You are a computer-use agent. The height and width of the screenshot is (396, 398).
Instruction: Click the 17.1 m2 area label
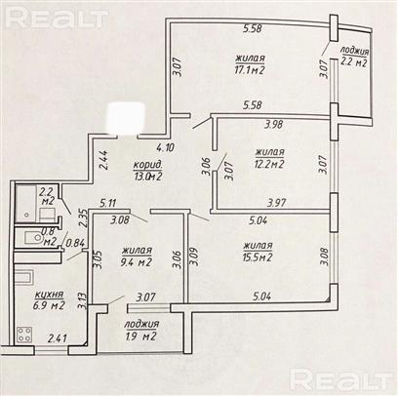click(x=250, y=70)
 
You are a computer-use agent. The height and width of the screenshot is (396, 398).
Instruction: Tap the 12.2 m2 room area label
click(x=269, y=164)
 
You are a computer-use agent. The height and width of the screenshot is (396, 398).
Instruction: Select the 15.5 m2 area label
click(x=258, y=257)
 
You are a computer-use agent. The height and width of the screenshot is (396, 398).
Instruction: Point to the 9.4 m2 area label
click(x=137, y=261)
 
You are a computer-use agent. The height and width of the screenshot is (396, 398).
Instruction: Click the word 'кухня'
click(x=49, y=295)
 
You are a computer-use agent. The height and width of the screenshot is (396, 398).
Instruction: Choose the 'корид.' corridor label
click(x=147, y=165)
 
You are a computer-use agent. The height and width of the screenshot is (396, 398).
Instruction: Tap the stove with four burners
click(x=24, y=334)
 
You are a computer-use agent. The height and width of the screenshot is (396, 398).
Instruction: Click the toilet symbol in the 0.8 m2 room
click(x=33, y=238)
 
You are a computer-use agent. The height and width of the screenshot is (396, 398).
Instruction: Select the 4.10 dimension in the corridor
click(x=165, y=147)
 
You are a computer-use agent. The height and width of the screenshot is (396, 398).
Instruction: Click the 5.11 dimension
click(x=108, y=204)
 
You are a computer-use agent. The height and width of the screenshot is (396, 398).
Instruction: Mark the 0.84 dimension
click(x=75, y=243)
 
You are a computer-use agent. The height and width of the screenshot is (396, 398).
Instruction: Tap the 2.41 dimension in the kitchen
click(x=58, y=338)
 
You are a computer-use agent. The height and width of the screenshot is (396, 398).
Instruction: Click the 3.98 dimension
click(x=274, y=124)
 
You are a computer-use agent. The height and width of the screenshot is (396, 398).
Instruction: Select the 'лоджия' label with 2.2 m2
click(x=354, y=51)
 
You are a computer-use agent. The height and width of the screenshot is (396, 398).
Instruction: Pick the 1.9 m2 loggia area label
click(x=140, y=337)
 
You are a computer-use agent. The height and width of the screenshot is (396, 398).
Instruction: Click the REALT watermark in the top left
click(x=57, y=18)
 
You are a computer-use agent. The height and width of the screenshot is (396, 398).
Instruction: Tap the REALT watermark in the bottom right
click(x=340, y=379)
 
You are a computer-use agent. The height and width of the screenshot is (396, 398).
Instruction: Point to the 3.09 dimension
click(x=195, y=257)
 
